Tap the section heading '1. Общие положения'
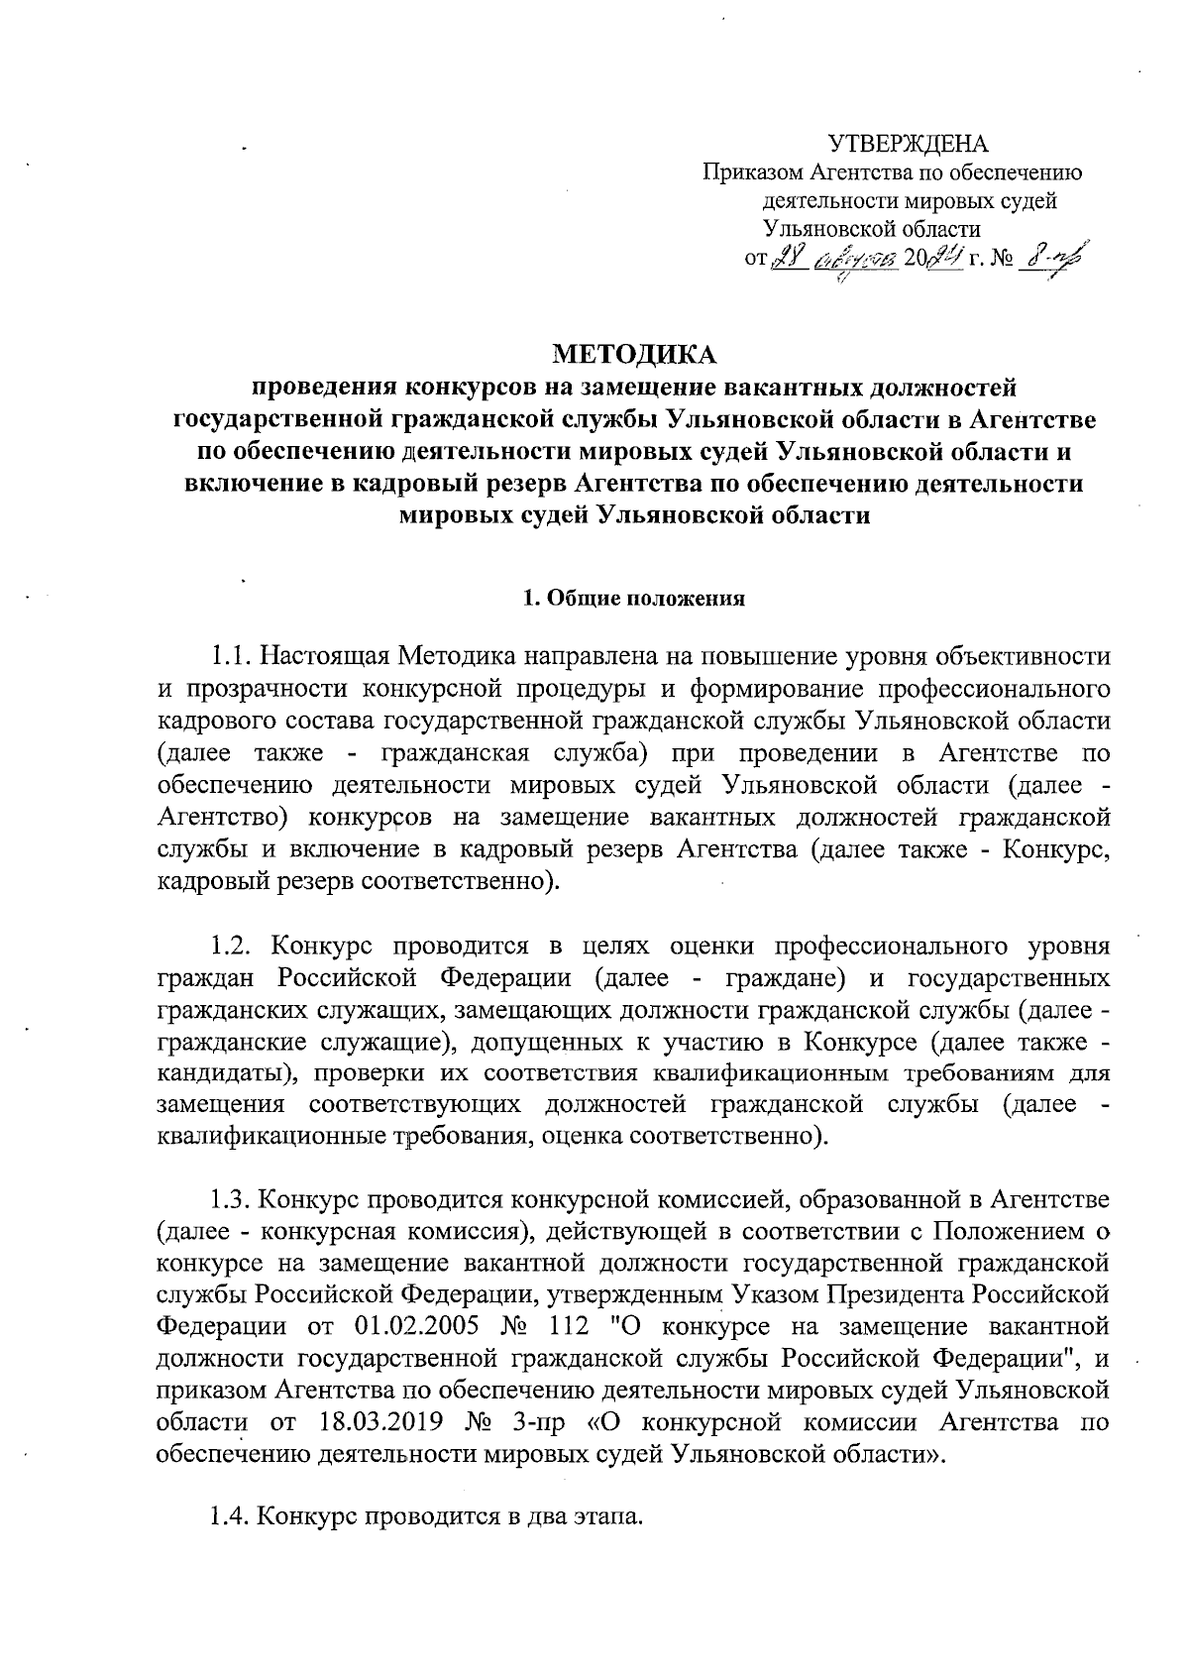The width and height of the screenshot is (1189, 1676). click(x=633, y=599)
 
